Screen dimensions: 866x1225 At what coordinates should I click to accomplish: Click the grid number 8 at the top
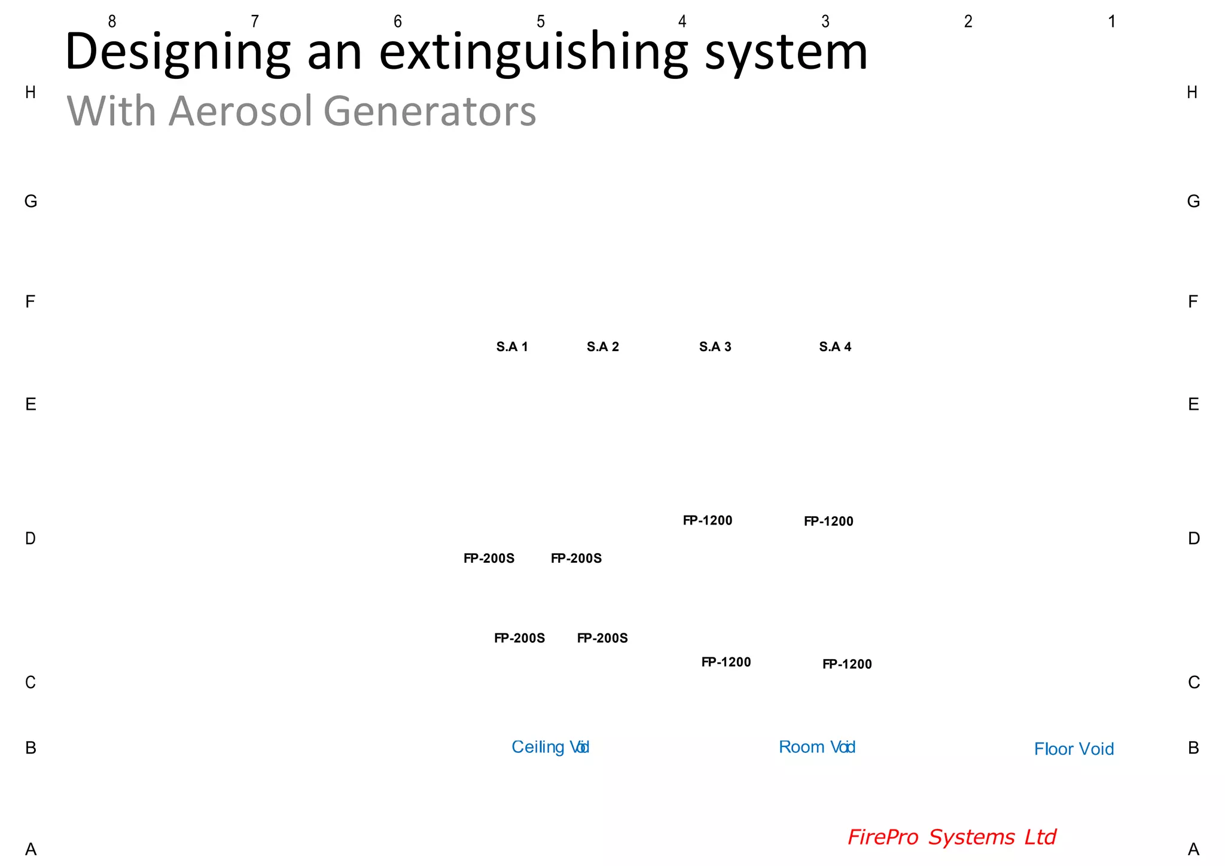coord(112,22)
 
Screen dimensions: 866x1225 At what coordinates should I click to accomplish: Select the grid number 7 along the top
coord(255,22)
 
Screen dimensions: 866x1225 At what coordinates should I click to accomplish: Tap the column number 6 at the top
coord(398,22)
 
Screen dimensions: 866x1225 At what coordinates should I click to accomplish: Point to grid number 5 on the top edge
coord(541,22)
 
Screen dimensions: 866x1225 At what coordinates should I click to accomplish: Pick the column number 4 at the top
coord(682,22)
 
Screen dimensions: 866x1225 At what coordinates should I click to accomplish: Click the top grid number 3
coord(825,22)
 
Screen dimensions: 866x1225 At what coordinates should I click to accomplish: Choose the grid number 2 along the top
coord(968,22)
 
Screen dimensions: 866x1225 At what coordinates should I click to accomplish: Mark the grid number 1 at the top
coord(1111,22)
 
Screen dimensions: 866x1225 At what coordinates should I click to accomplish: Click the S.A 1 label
coord(512,347)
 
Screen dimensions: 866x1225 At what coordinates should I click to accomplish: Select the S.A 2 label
coord(603,347)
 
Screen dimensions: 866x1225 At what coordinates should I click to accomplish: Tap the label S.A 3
coord(715,347)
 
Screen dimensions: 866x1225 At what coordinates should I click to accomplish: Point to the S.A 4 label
coord(835,347)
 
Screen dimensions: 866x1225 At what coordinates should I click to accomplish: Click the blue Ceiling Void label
coord(550,747)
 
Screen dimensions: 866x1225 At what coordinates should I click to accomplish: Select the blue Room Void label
coord(817,747)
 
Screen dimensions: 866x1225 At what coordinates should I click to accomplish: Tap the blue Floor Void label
coord(1074,749)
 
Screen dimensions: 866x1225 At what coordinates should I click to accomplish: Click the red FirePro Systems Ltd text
coord(952,837)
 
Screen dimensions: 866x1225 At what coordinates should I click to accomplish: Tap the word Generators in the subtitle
coord(429,111)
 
